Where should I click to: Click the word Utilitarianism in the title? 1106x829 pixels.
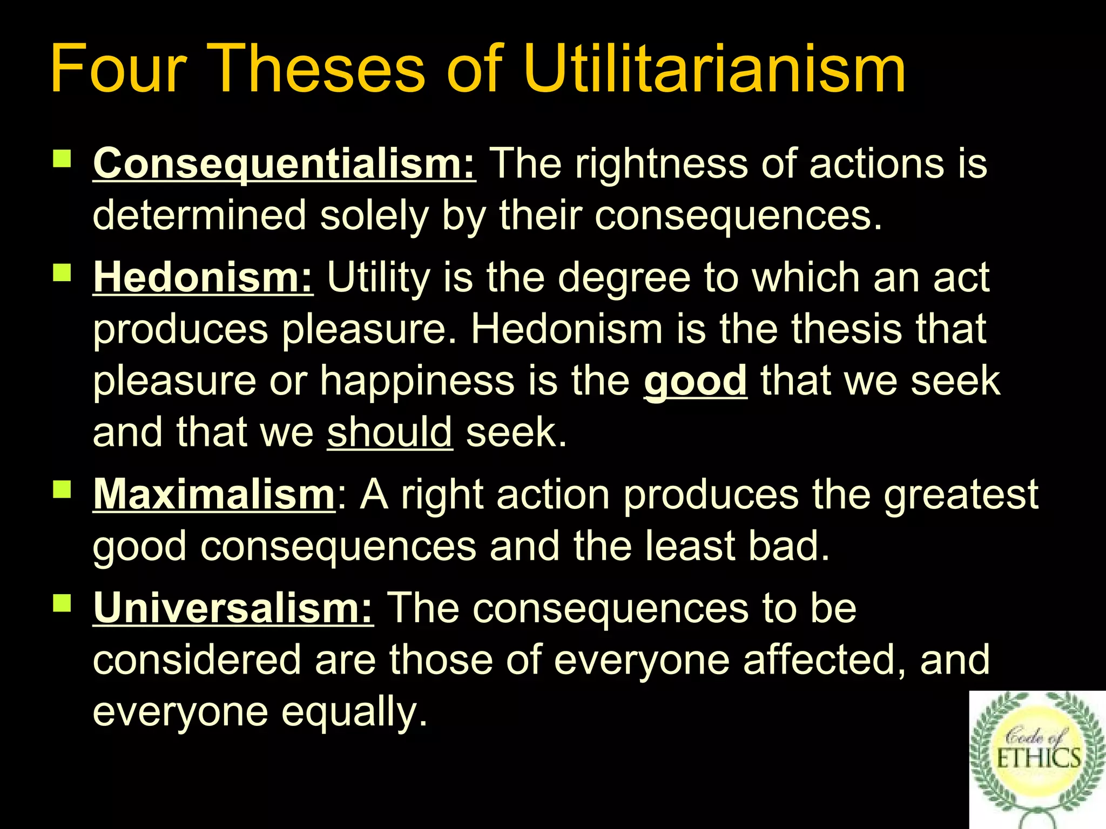coord(714,69)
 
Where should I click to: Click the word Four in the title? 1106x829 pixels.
coord(118,69)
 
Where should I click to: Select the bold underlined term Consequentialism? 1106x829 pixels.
coord(284,163)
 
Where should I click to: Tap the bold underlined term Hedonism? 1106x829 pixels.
coord(203,277)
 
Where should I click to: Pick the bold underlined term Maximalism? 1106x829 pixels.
coord(214,494)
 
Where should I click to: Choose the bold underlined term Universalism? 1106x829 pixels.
coord(233,608)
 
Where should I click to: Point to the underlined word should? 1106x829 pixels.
coord(389,432)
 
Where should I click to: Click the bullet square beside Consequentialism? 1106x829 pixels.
coord(62,159)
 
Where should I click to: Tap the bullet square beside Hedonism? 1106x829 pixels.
coord(62,273)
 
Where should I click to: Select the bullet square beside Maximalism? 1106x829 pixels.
coord(62,490)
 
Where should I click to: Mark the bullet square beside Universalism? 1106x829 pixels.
coord(62,603)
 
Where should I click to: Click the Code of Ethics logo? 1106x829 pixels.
coord(1037,758)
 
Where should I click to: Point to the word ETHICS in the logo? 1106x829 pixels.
coord(1038,759)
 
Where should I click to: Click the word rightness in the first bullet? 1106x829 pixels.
coord(661,163)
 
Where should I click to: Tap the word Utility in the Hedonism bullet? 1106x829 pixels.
coord(378,277)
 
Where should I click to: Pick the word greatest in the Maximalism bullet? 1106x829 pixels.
coord(961,494)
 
